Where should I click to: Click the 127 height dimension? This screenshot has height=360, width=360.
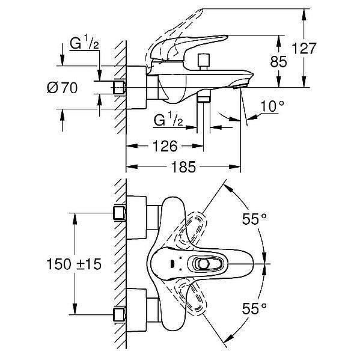coord(304,49)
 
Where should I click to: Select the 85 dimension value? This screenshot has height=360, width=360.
coord(278,61)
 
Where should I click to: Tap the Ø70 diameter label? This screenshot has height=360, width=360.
coord(63,88)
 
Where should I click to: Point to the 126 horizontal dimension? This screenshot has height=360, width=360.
coord(165,146)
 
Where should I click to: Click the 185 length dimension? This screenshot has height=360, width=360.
coord(184,166)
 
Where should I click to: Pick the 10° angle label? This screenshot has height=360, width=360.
coord(272,106)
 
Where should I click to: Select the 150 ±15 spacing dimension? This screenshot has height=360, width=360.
coord(74,264)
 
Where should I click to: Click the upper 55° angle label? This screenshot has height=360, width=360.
coord(254,219)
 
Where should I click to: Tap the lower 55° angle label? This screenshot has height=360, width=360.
coord(254,308)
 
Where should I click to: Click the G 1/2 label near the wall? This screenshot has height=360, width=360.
coord(85,43)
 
